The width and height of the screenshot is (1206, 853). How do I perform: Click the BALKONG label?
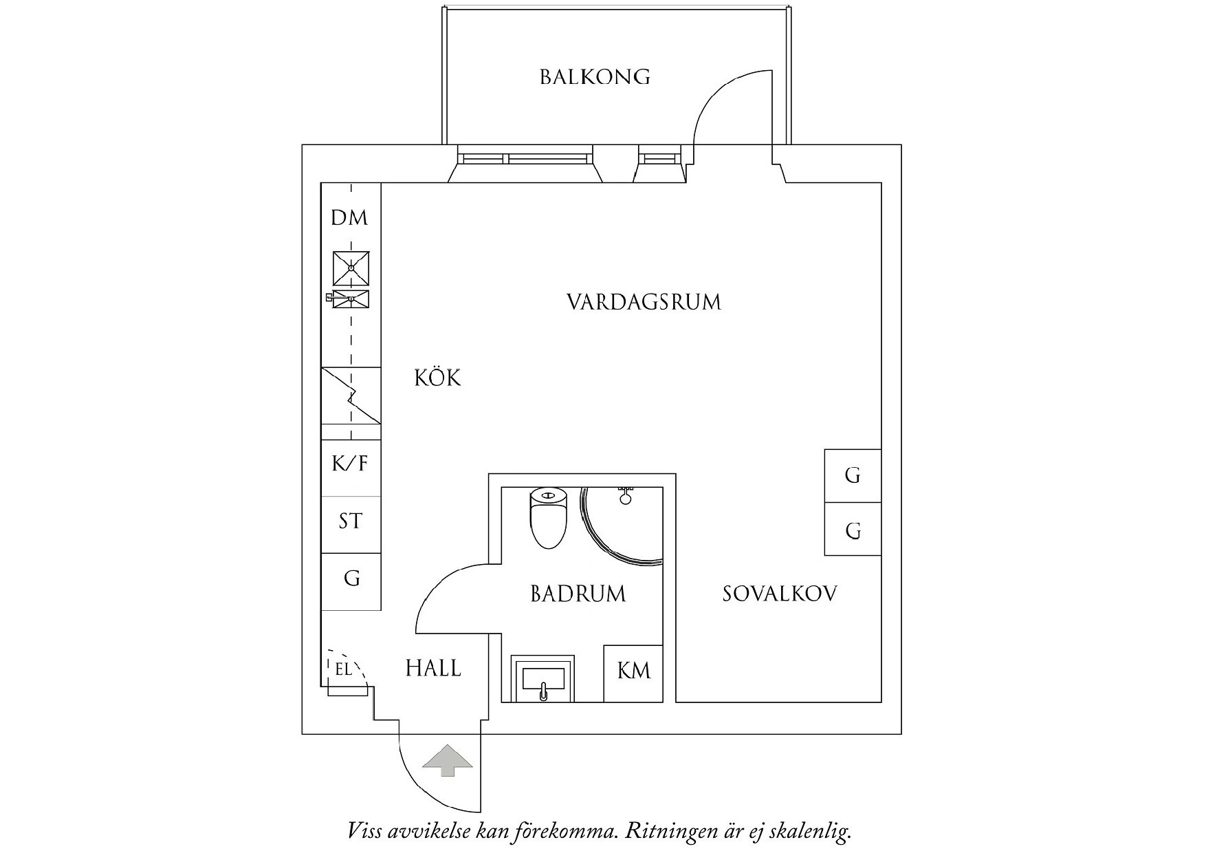[x=595, y=76]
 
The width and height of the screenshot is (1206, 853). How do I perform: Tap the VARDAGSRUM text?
[x=644, y=302]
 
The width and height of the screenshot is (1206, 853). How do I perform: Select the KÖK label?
[x=437, y=378]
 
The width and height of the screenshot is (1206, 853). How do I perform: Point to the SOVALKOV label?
[x=780, y=594]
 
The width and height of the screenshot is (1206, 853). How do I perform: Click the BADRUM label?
[x=578, y=594]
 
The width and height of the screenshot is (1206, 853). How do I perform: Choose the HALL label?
[x=433, y=668]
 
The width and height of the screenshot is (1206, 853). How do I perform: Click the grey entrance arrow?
[x=448, y=760]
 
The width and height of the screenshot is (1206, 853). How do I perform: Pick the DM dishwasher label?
[x=349, y=218]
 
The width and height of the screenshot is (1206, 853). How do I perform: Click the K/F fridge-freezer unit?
[x=351, y=464]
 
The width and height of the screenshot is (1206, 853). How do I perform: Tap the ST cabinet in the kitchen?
[x=351, y=521]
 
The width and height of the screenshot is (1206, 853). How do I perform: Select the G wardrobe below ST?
[x=351, y=579]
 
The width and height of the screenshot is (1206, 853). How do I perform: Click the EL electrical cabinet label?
[x=343, y=668]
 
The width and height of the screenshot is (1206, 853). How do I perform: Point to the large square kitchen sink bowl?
[x=351, y=268]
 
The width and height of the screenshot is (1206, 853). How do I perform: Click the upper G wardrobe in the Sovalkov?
[x=853, y=475]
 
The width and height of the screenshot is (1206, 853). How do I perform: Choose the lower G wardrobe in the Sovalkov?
[x=853, y=530]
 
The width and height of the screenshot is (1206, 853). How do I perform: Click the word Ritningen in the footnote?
[x=677, y=832]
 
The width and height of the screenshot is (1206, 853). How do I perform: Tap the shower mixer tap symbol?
[x=626, y=495]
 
